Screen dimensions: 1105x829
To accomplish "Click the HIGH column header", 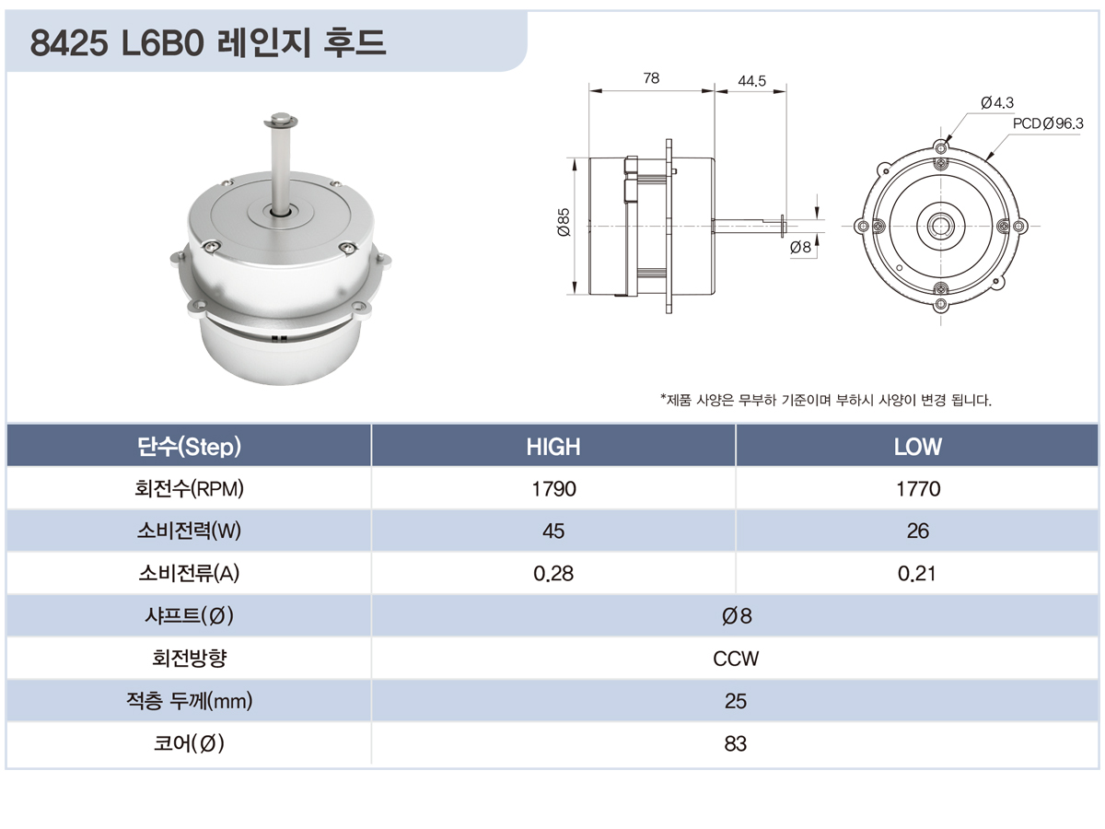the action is (x=552, y=447).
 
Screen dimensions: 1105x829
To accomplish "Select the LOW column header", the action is (x=917, y=447).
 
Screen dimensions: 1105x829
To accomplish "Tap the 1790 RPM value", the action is (x=553, y=489).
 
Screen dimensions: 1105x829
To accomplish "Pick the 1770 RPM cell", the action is (x=918, y=489).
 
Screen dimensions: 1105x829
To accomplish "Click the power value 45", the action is (x=553, y=531).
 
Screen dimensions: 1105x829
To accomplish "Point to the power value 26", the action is (x=918, y=531).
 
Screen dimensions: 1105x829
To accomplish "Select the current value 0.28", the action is (x=553, y=573).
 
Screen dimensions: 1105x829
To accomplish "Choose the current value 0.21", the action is (x=917, y=573).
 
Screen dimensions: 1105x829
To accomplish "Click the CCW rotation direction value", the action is (x=736, y=659).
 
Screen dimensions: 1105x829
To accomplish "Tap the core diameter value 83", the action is (x=736, y=743).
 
